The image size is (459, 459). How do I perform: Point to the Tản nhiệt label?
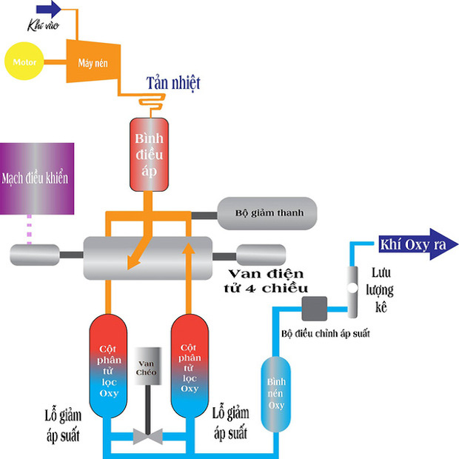(172, 81)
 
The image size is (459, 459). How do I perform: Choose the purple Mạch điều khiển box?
(38, 179)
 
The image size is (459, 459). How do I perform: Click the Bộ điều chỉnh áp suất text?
(325, 334)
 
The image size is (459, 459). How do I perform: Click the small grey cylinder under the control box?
(33, 255)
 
